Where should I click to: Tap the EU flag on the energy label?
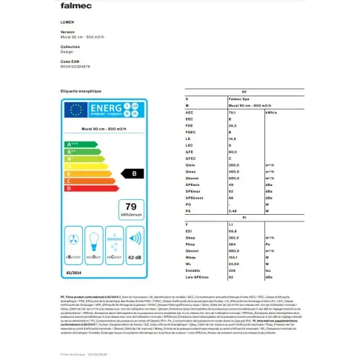(74, 110)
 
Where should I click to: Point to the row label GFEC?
(190, 159)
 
